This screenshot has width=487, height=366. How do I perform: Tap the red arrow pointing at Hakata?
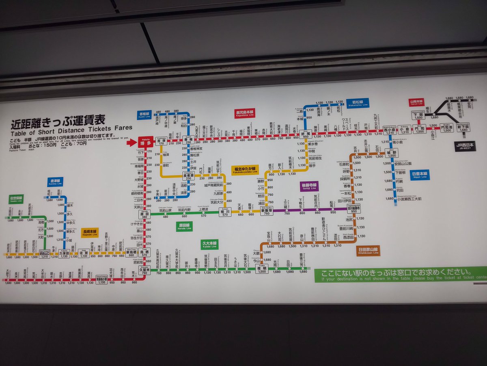click(132, 142)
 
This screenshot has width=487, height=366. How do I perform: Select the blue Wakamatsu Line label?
click(357, 103)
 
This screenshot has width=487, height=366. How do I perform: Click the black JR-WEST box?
click(465, 146)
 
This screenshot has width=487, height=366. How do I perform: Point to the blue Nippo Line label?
click(419, 175)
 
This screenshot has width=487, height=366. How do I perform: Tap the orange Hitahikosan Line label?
click(368, 250)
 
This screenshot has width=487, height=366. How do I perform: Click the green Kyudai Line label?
click(210, 245)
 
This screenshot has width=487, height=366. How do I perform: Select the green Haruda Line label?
click(184, 226)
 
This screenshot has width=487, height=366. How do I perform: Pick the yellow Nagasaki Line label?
click(89, 233)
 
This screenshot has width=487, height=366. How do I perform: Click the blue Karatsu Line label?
click(55, 182)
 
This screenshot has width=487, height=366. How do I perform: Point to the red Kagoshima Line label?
click(246, 113)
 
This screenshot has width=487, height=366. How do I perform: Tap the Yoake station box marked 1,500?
click(262, 268)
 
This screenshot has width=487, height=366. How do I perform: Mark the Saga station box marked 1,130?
click(84, 253)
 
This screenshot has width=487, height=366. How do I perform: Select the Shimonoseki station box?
click(418, 115)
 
